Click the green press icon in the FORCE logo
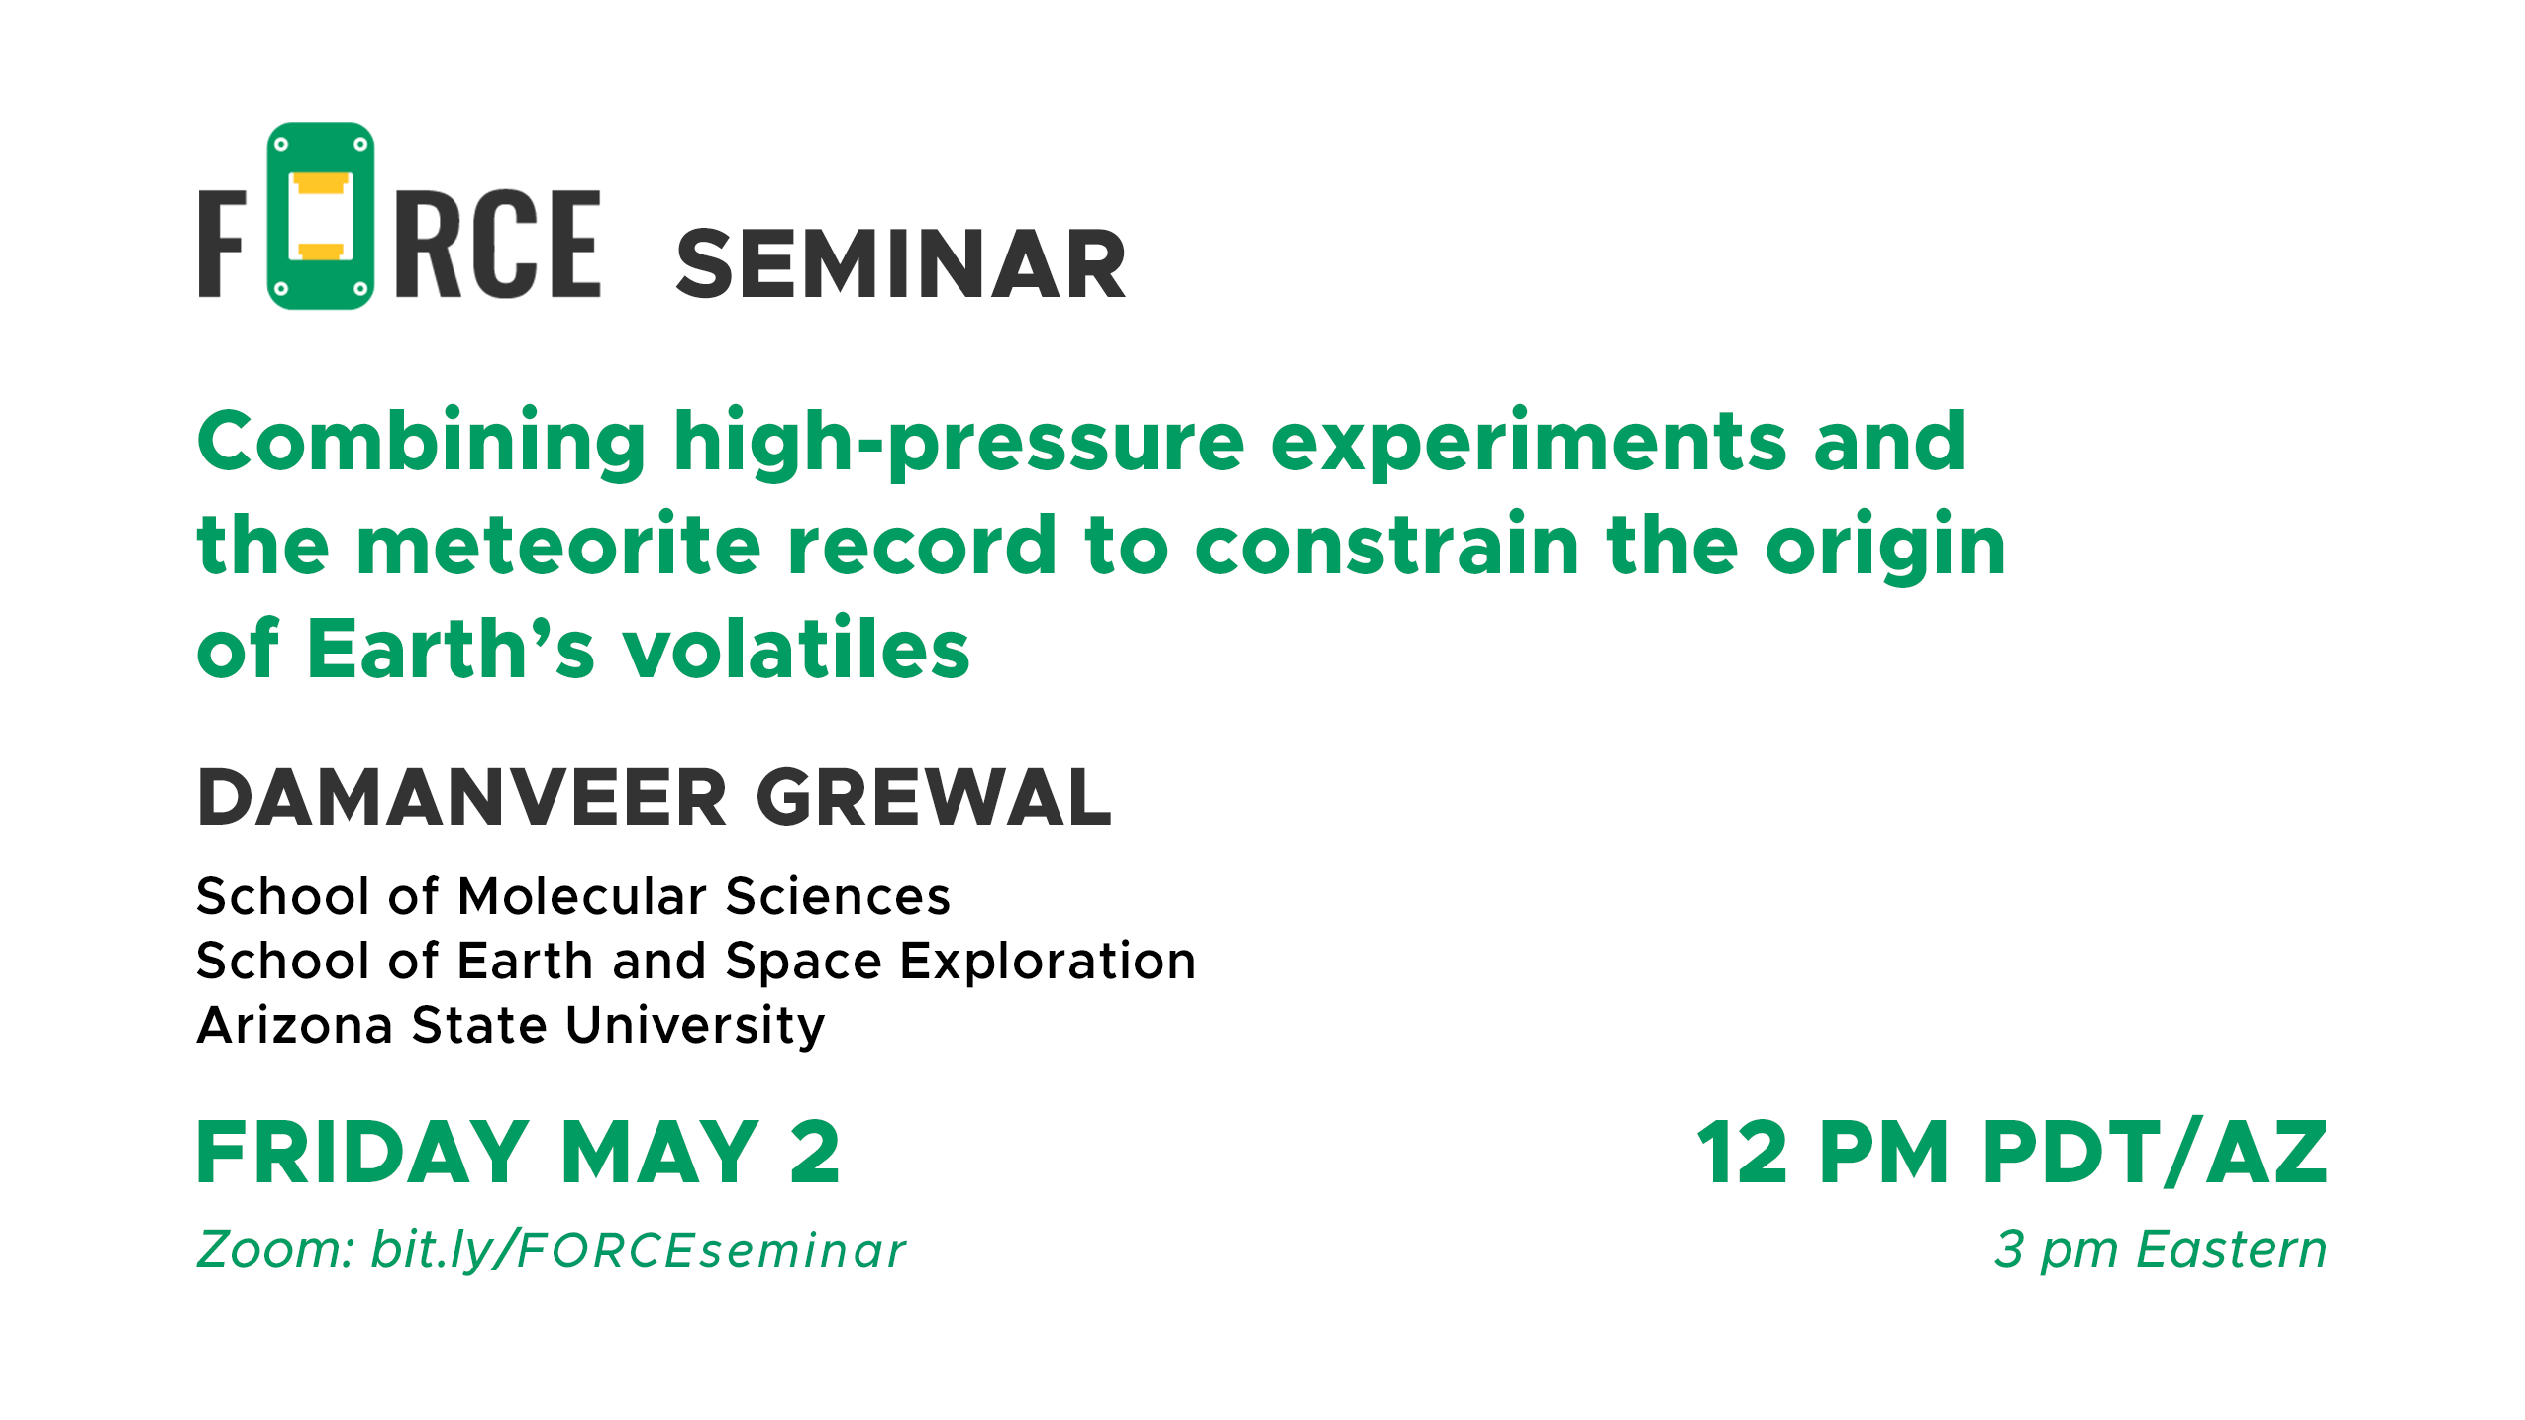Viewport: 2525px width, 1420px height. pyautogui.click(x=321, y=216)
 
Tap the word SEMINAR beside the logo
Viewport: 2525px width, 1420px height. pyautogui.click(x=901, y=264)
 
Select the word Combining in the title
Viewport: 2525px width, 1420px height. pyautogui.click(x=422, y=443)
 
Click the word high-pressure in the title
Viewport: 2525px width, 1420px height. pyautogui.click(x=959, y=443)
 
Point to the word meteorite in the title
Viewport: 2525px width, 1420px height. pyautogui.click(x=557, y=545)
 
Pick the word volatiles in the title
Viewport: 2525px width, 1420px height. pyautogui.click(x=795, y=649)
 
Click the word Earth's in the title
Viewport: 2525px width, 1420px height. pyautogui.click(x=452, y=649)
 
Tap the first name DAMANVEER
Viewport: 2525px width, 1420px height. pyautogui.click(x=462, y=797)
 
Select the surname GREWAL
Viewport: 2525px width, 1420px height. pyautogui.click(x=935, y=797)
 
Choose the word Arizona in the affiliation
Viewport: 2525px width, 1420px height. pyautogui.click(x=295, y=1025)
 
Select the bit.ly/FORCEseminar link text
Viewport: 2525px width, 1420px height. pyautogui.click(x=639, y=1250)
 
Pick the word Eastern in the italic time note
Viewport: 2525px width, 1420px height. pyautogui.click(x=2232, y=1249)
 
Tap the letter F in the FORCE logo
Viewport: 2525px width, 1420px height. pyautogui.click(x=222, y=244)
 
